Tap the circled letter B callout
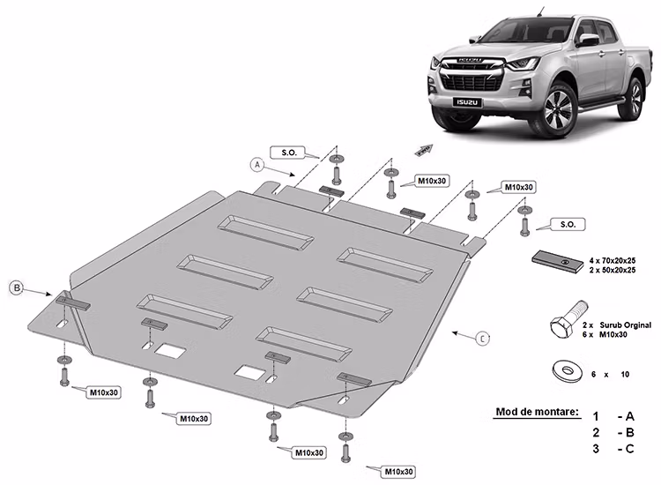16,287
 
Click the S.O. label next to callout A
288,152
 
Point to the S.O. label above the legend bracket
566,225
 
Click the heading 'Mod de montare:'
537,412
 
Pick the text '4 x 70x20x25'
613,261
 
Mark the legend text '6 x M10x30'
613,336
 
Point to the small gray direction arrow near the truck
426,150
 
